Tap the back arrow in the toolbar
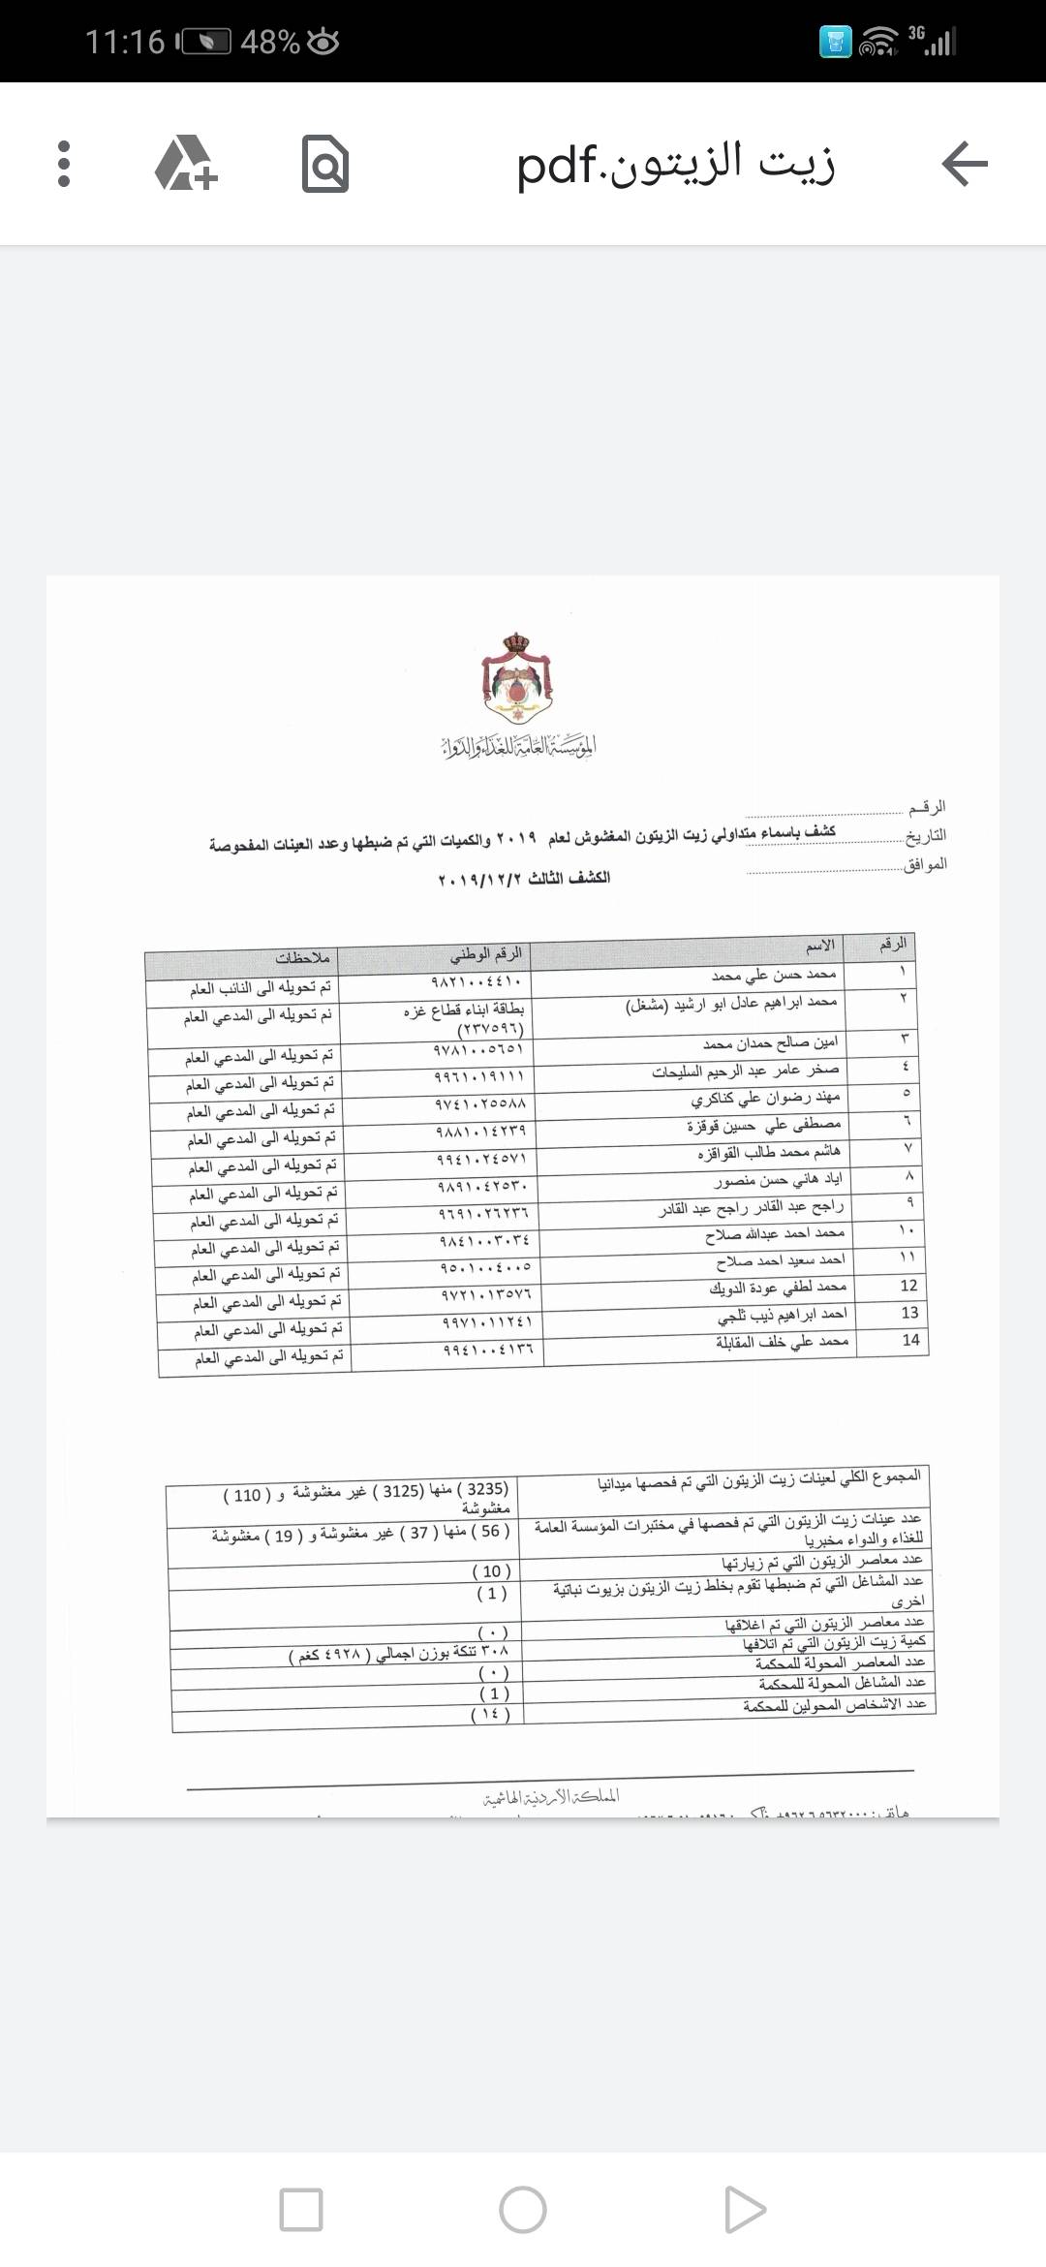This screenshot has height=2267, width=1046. pyautogui.click(x=964, y=164)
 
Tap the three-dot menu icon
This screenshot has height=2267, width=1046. pyautogui.click(x=64, y=164)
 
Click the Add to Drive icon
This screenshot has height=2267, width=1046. pyautogui.click(x=186, y=164)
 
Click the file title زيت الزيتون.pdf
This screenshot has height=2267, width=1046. pyautogui.click(x=675, y=164)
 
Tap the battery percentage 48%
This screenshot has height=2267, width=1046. pyautogui.click(x=269, y=42)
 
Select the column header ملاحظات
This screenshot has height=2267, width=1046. pyautogui.click(x=303, y=958)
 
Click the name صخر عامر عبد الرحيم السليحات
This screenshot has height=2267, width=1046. pyautogui.click(x=746, y=1071)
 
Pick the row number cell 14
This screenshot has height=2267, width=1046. pyautogui.click(x=910, y=1340)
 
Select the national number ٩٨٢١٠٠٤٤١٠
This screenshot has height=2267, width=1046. pyautogui.click(x=477, y=981)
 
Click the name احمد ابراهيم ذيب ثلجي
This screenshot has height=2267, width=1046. pyautogui.click(x=782, y=1315)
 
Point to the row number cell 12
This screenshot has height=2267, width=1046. pyautogui.click(x=908, y=1286)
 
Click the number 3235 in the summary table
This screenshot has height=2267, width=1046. pyautogui.click(x=486, y=1489)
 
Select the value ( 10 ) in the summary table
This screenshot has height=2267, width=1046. pyautogui.click(x=491, y=1571)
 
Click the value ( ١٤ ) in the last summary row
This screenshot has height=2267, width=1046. pyautogui.click(x=490, y=1715)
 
